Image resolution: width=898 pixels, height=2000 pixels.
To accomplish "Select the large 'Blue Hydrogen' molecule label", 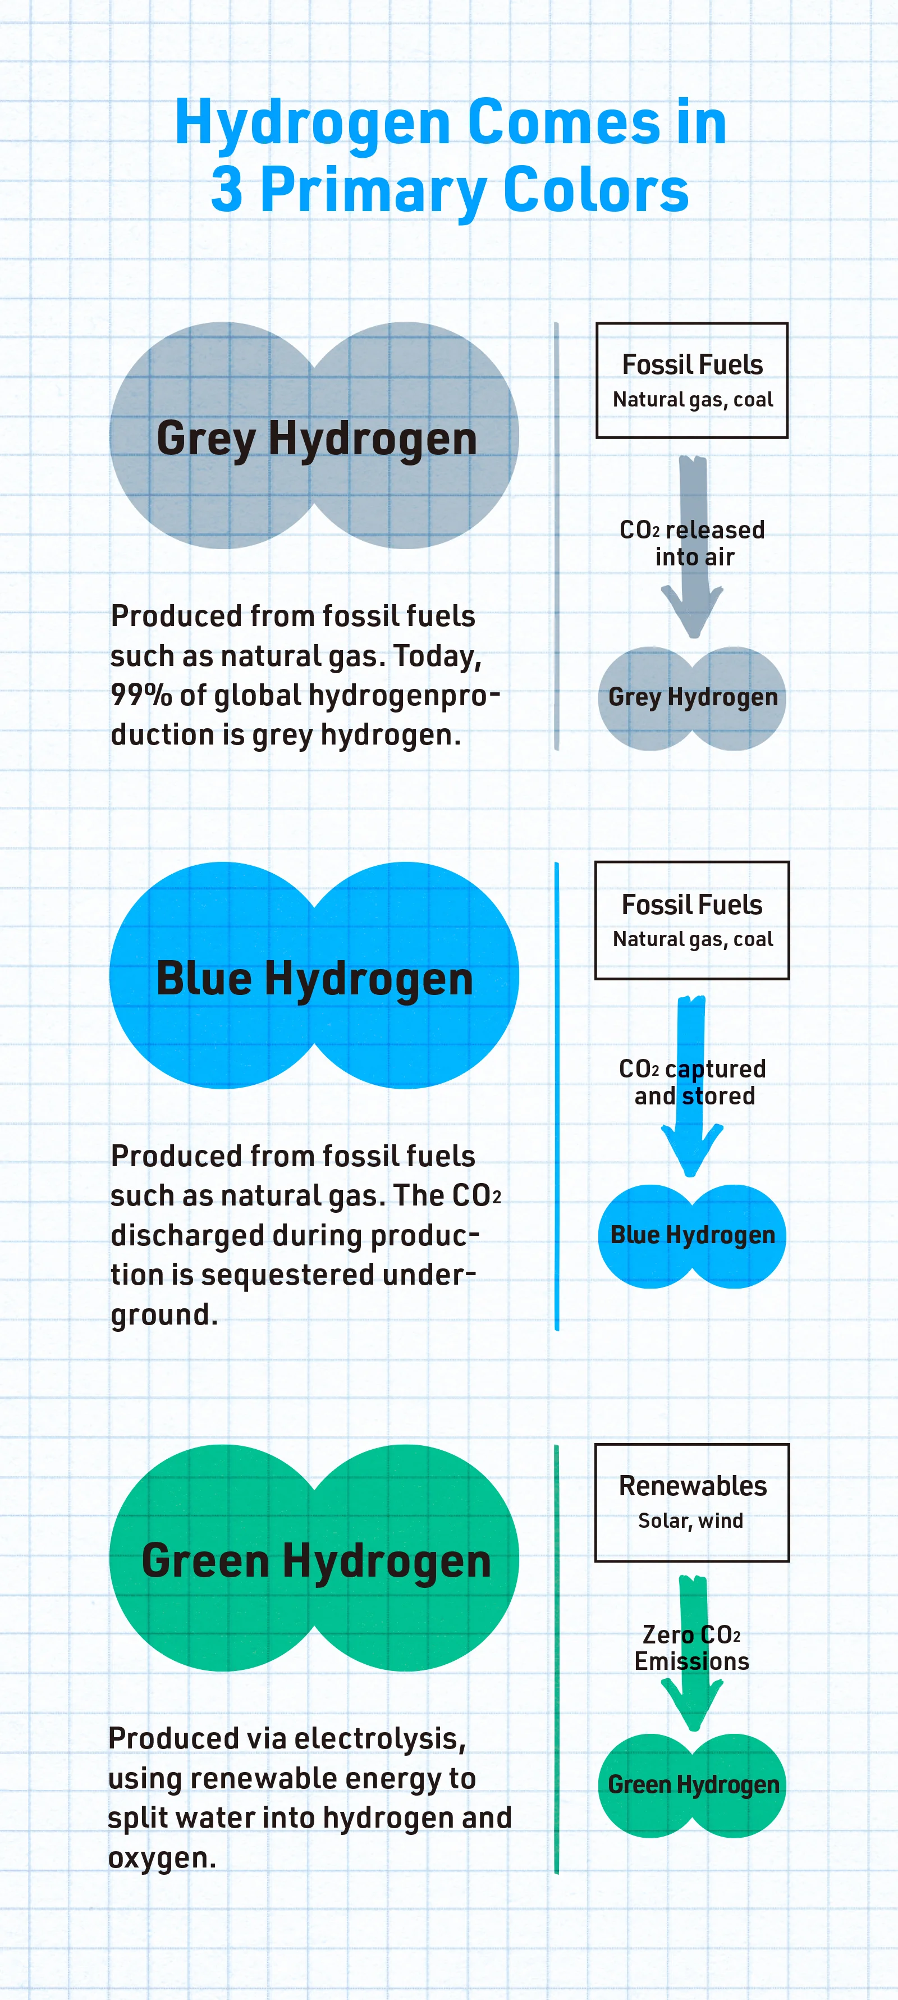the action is click(314, 978).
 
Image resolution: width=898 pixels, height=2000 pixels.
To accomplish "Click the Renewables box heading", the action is click(693, 1486).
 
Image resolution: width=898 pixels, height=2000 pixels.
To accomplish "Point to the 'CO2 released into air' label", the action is click(693, 544).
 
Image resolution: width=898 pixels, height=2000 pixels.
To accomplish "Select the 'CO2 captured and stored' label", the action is click(693, 1083).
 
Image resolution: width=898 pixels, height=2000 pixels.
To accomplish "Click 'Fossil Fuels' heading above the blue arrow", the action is click(693, 905).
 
